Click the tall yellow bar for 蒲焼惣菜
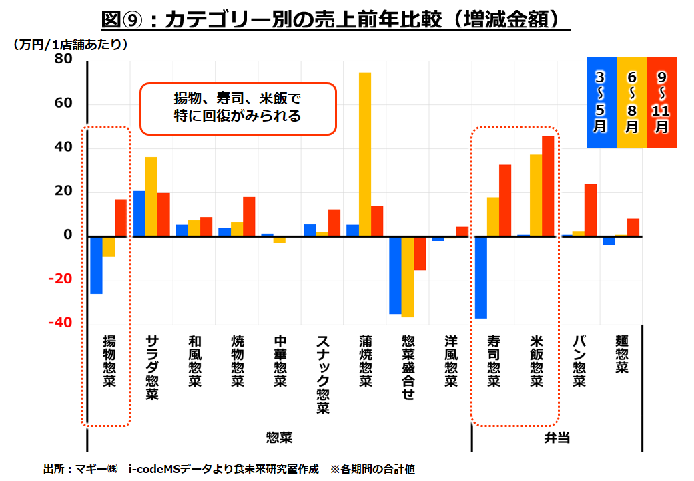click(x=365, y=154)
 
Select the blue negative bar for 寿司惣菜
click(x=480, y=277)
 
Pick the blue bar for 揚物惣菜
click(x=96, y=265)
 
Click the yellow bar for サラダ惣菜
click(x=151, y=196)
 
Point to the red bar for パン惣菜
click(x=591, y=210)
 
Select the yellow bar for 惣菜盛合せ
click(x=408, y=277)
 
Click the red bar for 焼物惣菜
click(x=249, y=216)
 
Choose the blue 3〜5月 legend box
click(x=601, y=102)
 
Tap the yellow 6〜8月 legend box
click(x=631, y=102)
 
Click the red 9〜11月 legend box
click(x=661, y=102)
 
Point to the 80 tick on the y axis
click(x=63, y=59)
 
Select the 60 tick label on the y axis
click(x=63, y=104)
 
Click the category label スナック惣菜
click(x=322, y=374)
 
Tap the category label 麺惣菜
click(x=621, y=355)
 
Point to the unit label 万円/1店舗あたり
click(x=70, y=45)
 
